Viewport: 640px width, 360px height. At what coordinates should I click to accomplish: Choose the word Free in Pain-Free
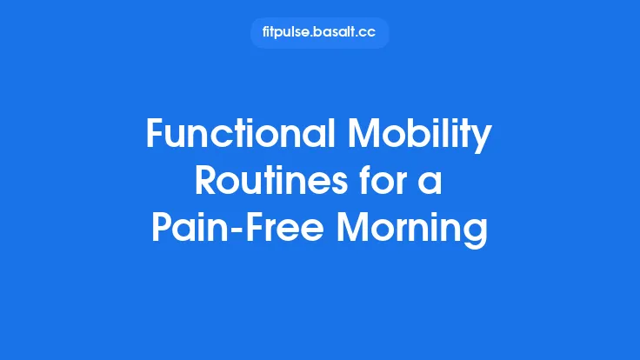pyautogui.click(x=282, y=228)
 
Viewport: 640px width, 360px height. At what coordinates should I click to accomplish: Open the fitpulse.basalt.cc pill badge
pyautogui.click(x=319, y=33)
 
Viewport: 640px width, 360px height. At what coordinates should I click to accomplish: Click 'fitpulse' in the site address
pyautogui.click(x=288, y=33)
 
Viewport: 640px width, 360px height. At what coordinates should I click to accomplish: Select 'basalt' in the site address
pyautogui.click(x=339, y=33)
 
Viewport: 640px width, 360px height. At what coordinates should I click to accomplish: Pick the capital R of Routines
pyautogui.click(x=205, y=182)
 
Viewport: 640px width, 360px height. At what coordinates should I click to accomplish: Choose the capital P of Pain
pyautogui.click(x=160, y=228)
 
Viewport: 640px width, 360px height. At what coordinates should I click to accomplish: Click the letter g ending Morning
pyautogui.click(x=477, y=232)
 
